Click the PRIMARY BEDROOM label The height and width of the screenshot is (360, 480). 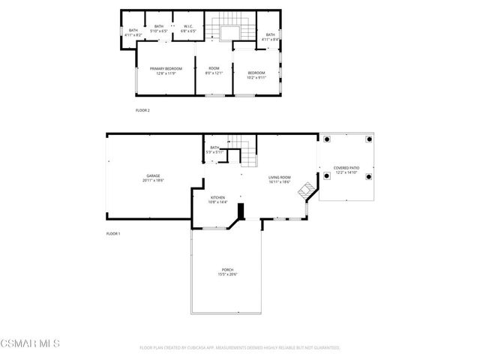click(166, 68)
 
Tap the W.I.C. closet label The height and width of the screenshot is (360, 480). click(189, 28)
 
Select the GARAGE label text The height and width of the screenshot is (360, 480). click(153, 176)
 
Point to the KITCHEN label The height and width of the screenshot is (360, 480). click(217, 198)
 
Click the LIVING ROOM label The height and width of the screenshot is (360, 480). click(279, 177)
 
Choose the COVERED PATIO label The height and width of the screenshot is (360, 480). click(346, 169)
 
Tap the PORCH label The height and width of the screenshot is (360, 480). click(227, 270)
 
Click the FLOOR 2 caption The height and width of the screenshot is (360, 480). click(142, 110)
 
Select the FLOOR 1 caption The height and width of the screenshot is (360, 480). click(113, 233)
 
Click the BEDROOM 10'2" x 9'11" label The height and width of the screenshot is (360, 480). click(256, 73)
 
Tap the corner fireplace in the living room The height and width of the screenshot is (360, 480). click(305, 190)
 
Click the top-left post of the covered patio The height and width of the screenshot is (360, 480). click(327, 139)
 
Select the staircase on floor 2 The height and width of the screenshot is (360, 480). click(226, 31)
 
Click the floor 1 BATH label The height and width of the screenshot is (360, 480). click(214, 148)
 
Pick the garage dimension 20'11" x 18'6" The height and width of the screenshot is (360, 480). click(153, 181)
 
